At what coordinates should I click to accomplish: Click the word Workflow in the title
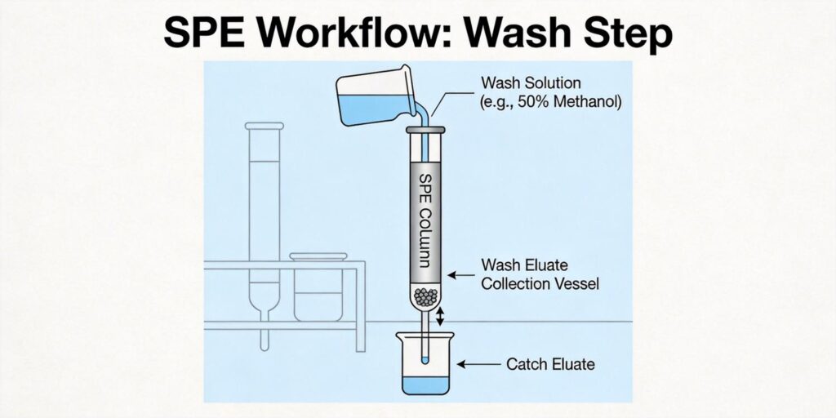pyautogui.click(x=374, y=34)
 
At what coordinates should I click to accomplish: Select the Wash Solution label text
pyautogui.click(x=531, y=83)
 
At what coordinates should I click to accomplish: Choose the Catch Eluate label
pyautogui.click(x=550, y=363)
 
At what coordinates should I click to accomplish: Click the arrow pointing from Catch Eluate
pyautogui.click(x=476, y=363)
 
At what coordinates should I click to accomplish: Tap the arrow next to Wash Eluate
pyautogui.click(x=462, y=275)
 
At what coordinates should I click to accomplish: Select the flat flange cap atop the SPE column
pyautogui.click(x=425, y=131)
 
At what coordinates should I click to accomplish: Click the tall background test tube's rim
pyautogui.click(x=265, y=126)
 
